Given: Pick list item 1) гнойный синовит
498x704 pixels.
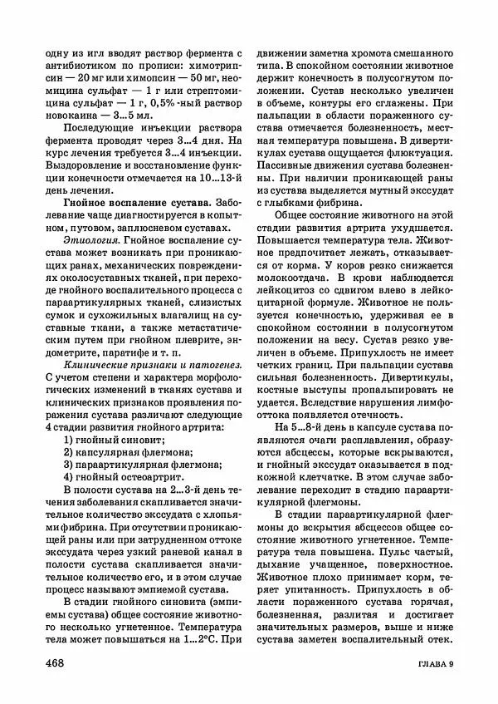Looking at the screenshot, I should (114, 439).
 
